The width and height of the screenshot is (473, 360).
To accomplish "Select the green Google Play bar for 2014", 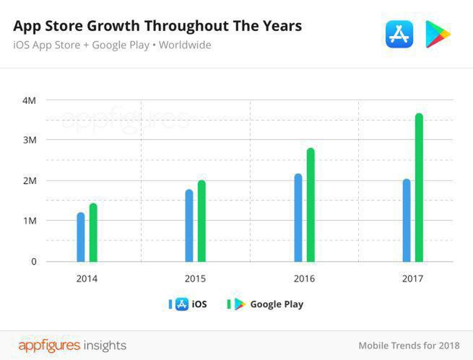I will point(93,232).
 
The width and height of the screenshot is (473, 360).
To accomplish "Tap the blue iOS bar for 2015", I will point(189,225).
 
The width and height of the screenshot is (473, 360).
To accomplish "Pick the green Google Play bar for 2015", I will point(201,221).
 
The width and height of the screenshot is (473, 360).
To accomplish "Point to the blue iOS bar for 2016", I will point(298,217).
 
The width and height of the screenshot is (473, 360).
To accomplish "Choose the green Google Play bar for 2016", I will point(311,205).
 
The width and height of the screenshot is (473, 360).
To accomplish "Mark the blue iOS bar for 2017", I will point(407,220).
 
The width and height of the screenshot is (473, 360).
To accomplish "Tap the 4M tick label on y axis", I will point(29,100).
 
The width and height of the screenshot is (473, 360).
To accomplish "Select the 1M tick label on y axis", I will point(29,221).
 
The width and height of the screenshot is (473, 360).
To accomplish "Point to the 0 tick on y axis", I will point(33,261).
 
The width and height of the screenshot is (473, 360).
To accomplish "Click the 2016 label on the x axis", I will point(304,278).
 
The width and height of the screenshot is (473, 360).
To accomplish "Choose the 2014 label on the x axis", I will point(87,278).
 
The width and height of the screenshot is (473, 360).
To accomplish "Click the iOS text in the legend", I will point(199,304).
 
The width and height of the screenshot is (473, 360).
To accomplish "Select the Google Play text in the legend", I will point(277,304).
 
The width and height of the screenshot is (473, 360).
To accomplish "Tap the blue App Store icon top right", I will point(399,34).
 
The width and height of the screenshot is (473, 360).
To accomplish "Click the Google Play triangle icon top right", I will point(437,34).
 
